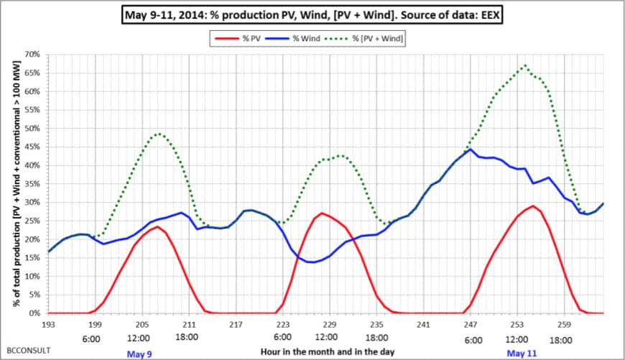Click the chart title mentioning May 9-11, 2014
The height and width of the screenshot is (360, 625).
(x=312, y=14)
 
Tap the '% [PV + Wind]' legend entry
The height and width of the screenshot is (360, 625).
(x=376, y=38)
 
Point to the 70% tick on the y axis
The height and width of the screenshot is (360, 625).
(x=32, y=55)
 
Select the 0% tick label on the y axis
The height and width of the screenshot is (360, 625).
(x=34, y=314)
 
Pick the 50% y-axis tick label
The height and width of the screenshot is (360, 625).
(x=32, y=129)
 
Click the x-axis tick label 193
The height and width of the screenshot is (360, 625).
(x=49, y=326)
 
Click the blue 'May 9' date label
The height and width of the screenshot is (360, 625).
(x=139, y=354)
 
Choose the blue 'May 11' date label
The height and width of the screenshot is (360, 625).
(x=522, y=354)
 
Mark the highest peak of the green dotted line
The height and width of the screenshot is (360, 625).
(x=525, y=65)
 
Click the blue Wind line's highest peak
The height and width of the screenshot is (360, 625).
(x=470, y=149)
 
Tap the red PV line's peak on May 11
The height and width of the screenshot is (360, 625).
(x=532, y=206)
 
